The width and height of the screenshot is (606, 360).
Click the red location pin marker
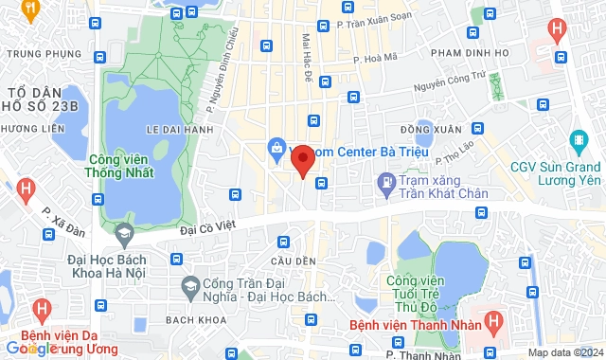pos(302,161)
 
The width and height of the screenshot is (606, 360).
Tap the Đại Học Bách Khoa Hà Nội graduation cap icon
pos(123,233)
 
